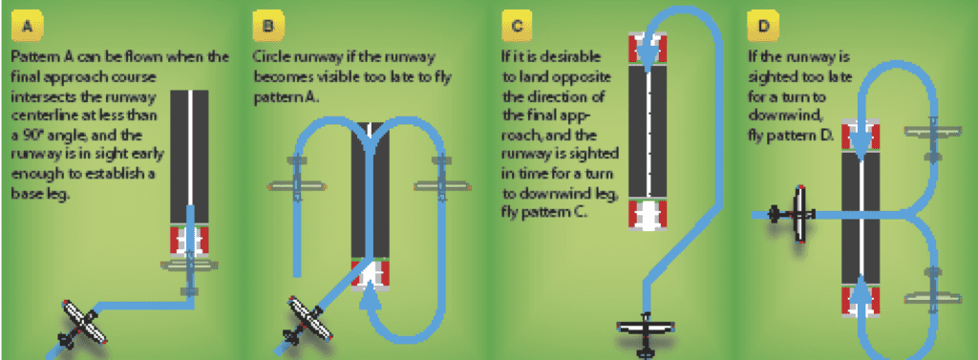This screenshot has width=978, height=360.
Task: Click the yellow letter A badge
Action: click(x=27, y=26)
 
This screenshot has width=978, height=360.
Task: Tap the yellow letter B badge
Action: click(x=268, y=26)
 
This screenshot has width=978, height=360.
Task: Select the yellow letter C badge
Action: click(x=517, y=26)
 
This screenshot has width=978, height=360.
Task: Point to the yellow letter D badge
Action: click(x=762, y=26)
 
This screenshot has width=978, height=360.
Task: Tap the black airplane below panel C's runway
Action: click(x=647, y=334)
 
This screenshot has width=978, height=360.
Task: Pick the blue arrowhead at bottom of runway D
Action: click(x=861, y=289)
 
